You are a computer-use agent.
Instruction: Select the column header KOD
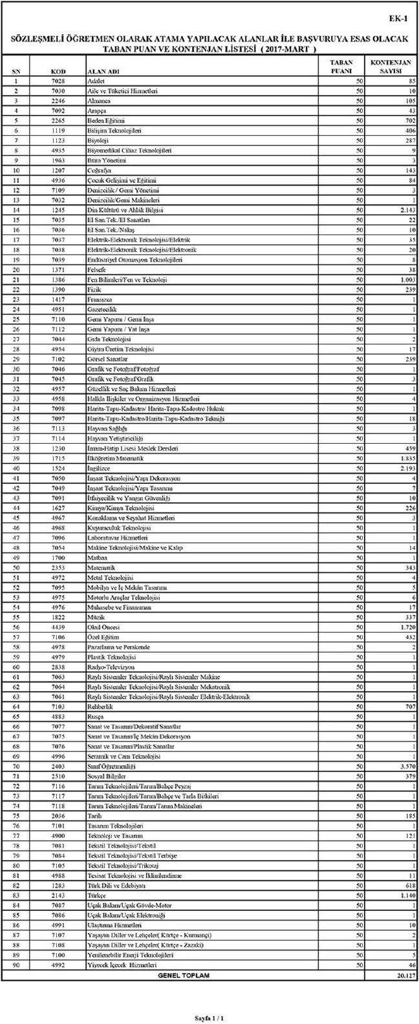(58, 71)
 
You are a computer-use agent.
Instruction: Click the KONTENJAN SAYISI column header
(391, 67)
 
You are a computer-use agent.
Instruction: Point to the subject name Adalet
(96, 81)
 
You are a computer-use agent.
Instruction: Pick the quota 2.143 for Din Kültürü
(405, 210)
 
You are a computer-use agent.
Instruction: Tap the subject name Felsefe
(97, 269)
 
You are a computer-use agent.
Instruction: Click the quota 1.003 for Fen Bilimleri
(405, 279)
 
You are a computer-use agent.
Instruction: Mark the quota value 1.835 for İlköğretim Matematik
(405, 458)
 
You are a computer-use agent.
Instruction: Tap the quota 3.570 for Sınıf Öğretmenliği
(405, 766)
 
